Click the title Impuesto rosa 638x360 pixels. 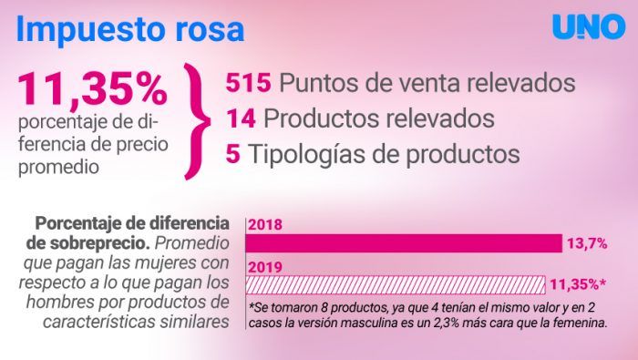point(130,28)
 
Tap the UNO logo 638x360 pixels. point(589,27)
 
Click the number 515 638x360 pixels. point(248,83)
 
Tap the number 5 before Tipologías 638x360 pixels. point(232,154)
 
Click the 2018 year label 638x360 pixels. point(264,224)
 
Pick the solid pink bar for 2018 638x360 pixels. point(405,243)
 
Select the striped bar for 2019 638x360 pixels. point(396,283)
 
